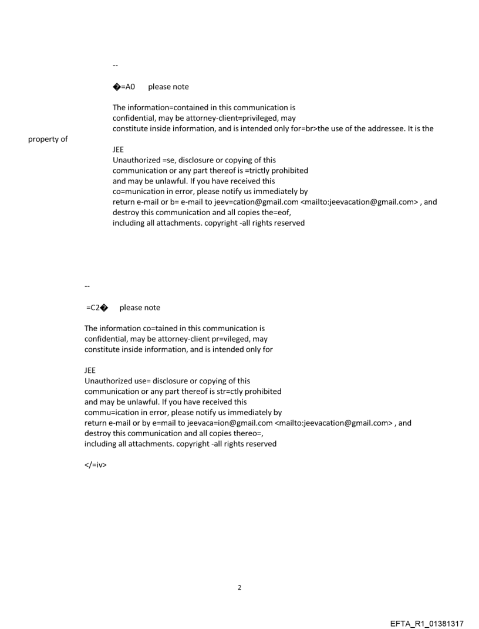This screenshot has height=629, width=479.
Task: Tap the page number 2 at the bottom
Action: (239, 587)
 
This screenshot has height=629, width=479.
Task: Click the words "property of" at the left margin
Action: (48, 139)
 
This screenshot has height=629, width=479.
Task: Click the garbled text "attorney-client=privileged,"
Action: (217, 118)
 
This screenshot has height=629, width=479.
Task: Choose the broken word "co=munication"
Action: (137, 192)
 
